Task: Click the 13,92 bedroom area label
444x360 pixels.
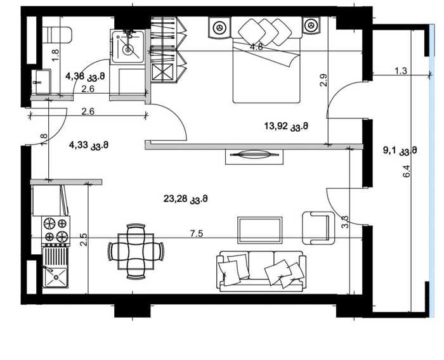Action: coord(286,126)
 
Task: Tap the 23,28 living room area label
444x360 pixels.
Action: coord(185,199)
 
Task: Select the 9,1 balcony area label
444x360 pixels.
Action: coord(400,150)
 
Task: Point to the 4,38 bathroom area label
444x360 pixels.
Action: coord(85,76)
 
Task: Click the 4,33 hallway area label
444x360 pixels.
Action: coord(89,146)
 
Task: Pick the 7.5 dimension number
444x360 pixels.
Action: coord(197,234)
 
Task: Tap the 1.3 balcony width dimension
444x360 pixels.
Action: coord(401,70)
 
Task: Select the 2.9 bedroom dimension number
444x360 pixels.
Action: coord(324,80)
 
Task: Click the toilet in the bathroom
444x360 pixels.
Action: coord(56,35)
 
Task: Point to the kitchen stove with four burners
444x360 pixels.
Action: coord(56,230)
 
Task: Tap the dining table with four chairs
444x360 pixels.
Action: coord(136,252)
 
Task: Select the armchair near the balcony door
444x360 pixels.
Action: coord(318,228)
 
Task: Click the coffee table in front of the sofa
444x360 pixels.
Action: coord(260,230)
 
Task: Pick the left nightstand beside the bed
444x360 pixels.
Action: coord(219,27)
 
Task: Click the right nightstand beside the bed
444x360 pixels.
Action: coord(311,25)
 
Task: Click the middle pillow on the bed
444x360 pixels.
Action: coord(265,30)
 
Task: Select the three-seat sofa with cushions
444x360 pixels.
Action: coord(261,271)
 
